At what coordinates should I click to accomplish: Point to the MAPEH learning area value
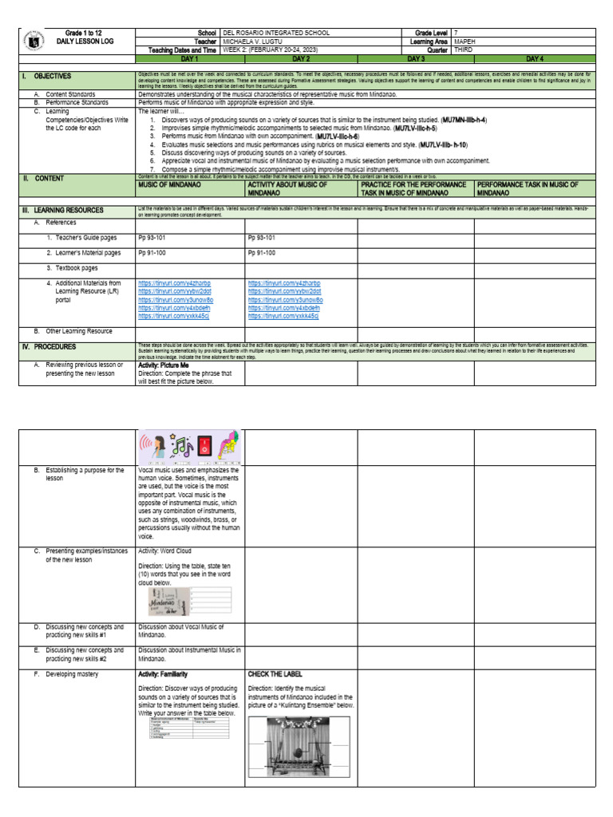tap(465, 41)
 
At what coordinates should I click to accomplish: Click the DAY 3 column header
tap(416, 59)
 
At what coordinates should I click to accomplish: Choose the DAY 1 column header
tap(189, 59)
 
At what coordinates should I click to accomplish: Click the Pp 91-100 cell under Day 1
tap(152, 252)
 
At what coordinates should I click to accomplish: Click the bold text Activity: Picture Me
tap(163, 365)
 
